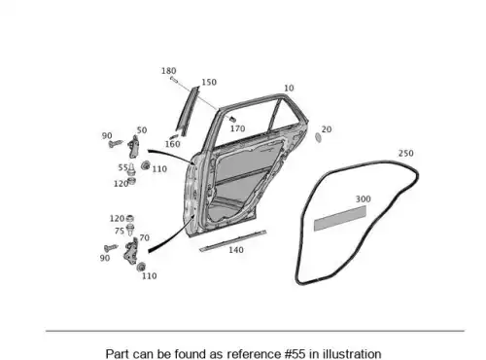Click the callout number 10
tap(289, 88)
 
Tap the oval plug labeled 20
tap(318, 137)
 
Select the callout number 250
tap(405, 153)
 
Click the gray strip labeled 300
tap(340, 218)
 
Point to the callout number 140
tap(236, 250)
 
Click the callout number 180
tap(169, 71)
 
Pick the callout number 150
tap(209, 83)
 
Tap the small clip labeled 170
tap(232, 119)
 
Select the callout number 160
tap(172, 144)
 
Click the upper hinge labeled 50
tap(134, 147)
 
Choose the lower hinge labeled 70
tap(131, 252)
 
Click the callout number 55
tap(122, 167)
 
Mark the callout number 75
tap(120, 231)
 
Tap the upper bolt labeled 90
tap(116, 143)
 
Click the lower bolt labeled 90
tap(111, 248)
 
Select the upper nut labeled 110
tap(146, 165)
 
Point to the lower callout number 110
tap(150, 276)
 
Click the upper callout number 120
tap(121, 184)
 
